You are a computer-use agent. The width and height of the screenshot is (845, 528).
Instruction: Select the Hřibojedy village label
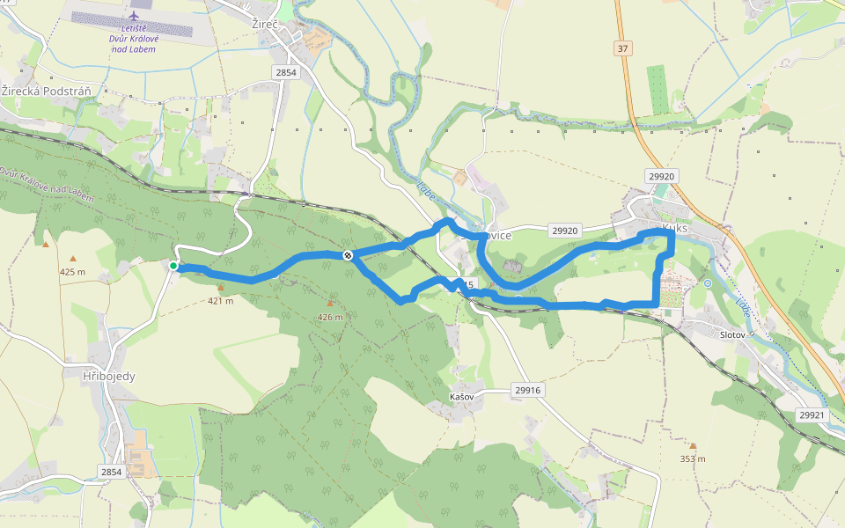[x=108, y=376]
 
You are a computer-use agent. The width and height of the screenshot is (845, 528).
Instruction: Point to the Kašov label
[x=461, y=398]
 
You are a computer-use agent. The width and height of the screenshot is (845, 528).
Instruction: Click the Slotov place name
[x=732, y=335]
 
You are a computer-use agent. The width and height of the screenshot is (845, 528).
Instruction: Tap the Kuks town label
[x=674, y=227]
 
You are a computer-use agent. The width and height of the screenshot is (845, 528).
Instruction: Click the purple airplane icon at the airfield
[x=134, y=16]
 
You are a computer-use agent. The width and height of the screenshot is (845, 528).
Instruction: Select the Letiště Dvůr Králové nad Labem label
[x=134, y=39]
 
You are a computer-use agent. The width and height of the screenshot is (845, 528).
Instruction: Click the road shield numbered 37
[x=623, y=48]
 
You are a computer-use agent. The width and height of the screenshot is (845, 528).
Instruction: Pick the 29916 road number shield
[x=528, y=390]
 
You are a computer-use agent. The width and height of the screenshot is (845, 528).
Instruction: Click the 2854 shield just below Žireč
[x=286, y=73]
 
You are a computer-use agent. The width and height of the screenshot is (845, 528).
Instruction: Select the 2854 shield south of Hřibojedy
[x=111, y=472]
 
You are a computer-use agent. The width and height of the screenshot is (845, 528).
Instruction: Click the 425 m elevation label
[x=72, y=271]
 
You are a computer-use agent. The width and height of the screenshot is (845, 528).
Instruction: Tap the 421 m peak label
[x=220, y=301]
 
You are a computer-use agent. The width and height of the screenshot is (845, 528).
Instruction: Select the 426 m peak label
[x=330, y=317]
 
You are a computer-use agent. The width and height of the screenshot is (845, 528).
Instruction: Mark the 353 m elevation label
[x=693, y=458]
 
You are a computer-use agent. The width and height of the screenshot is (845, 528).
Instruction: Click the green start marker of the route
[x=173, y=266]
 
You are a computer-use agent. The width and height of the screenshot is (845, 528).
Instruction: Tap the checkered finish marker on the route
[x=349, y=255]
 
